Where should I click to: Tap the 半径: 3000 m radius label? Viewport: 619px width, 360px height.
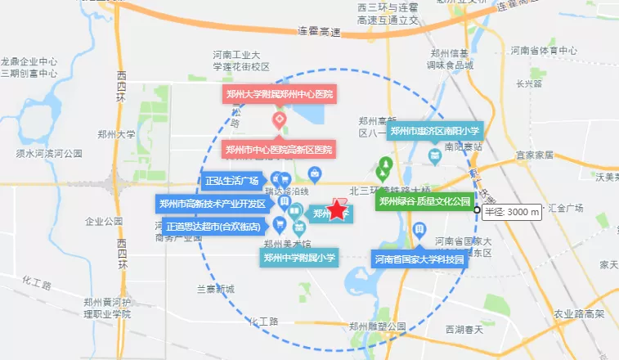point(513,212)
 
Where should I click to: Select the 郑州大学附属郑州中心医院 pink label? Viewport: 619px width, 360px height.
point(280,94)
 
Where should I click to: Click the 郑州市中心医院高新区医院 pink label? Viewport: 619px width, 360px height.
point(280,150)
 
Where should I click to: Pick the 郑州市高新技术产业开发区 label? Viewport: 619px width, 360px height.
point(213,204)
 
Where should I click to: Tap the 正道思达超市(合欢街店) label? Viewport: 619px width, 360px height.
point(213,227)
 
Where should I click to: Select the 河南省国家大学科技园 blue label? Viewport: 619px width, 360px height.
point(419,260)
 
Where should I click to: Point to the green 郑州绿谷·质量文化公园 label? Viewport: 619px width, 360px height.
point(424,200)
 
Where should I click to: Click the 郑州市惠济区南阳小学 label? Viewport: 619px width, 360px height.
point(435,131)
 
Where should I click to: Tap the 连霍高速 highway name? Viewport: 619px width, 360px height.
point(319,31)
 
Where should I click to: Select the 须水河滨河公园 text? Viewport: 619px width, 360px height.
point(50,153)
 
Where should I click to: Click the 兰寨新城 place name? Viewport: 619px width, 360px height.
point(215,290)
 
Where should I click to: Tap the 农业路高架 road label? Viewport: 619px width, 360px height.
point(579,313)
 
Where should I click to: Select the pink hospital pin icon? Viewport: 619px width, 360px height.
point(279,121)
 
